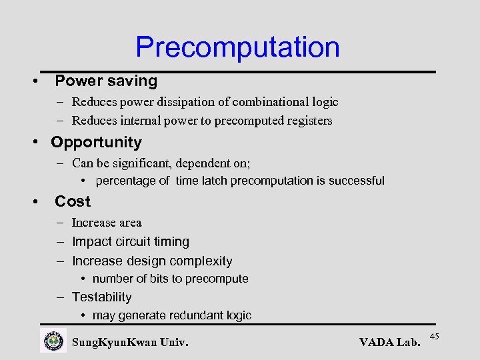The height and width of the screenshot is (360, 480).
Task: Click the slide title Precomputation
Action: tap(237, 47)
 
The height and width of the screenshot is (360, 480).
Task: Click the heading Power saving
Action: tap(106, 81)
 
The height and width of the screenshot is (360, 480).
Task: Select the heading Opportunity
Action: tap(96, 142)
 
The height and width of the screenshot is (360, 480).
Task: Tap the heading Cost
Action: tap(73, 201)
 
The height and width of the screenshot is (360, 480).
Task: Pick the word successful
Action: tap(357, 181)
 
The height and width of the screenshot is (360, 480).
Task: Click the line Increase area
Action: tap(107, 223)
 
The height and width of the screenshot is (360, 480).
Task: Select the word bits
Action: tap(158, 279)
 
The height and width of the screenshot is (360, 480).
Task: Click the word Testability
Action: tap(101, 297)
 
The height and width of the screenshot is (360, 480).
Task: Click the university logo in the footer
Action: tap(53, 341)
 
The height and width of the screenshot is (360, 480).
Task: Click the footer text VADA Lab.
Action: tap(389, 343)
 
